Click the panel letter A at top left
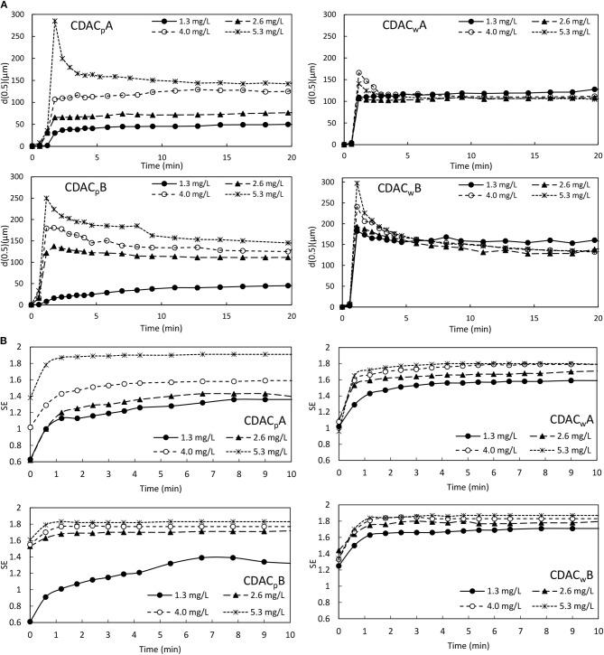coord(6,6)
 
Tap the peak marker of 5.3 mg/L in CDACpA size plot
coord(55,22)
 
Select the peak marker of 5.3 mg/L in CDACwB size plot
coord(357,184)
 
